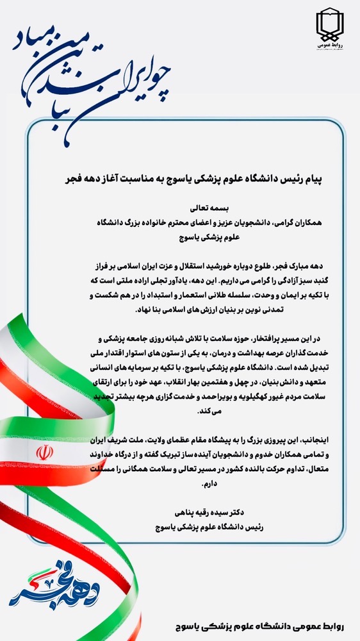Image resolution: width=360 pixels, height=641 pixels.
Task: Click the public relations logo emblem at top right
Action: click(332, 26)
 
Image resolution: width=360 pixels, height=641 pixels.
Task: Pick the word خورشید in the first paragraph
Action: click(211, 264)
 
